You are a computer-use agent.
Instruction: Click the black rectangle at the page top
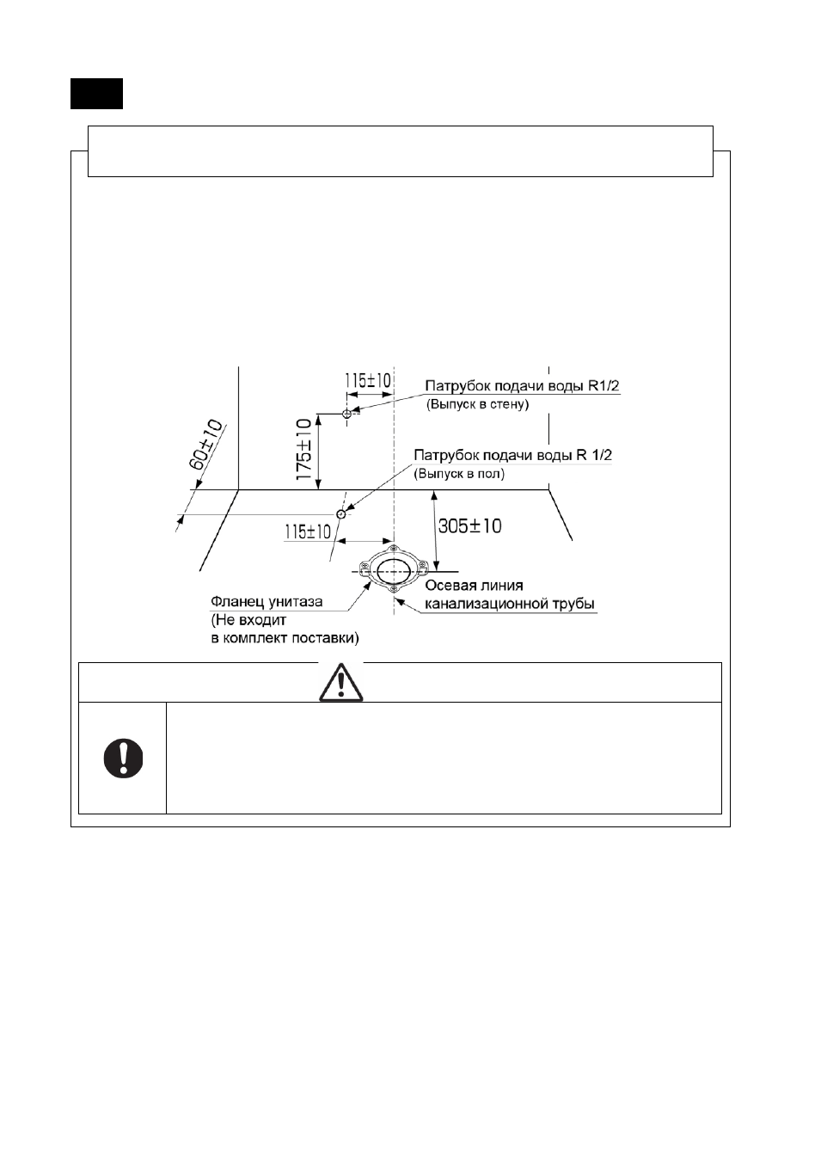pyautogui.click(x=96, y=94)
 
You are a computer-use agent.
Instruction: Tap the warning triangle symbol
pyautogui.click(x=340, y=682)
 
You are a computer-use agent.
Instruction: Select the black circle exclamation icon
pyautogui.click(x=123, y=759)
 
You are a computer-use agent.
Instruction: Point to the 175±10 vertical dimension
pyautogui.click(x=303, y=449)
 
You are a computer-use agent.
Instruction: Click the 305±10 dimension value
pyautogui.click(x=469, y=526)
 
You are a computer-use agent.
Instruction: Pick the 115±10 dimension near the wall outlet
pyautogui.click(x=368, y=381)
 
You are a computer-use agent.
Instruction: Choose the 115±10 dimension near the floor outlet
pyautogui.click(x=308, y=531)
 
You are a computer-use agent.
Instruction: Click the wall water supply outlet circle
pyautogui.click(x=347, y=414)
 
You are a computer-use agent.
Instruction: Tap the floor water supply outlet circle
pyautogui.click(x=340, y=514)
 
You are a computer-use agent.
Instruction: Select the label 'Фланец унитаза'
pyautogui.click(x=267, y=602)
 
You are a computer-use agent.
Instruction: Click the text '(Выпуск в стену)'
pyautogui.click(x=478, y=404)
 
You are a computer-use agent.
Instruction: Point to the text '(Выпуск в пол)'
pyautogui.click(x=459, y=474)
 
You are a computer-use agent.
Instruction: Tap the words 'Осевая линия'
pyautogui.click(x=474, y=586)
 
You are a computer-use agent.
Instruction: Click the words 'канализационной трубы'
pyautogui.click(x=510, y=604)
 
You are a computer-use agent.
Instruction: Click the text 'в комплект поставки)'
pyautogui.click(x=285, y=638)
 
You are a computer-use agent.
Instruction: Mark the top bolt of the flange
pyautogui.click(x=395, y=549)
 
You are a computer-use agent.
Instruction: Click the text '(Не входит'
pyautogui.click(x=248, y=620)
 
